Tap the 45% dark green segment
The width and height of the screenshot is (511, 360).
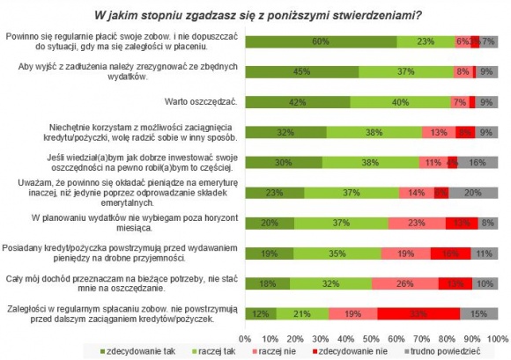301,71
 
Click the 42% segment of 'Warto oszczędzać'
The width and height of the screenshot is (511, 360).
297,102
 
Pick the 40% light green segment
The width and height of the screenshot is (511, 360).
401,102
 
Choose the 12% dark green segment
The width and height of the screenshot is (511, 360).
260,313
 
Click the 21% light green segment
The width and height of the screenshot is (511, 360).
302,313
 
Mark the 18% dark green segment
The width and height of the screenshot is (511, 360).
267,283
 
